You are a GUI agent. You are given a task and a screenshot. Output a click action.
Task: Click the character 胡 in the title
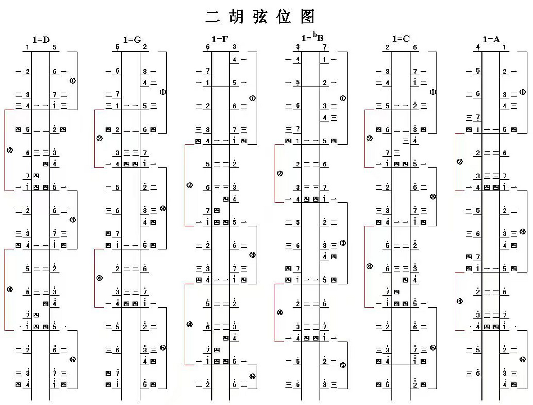pyautogui.click(x=237, y=17)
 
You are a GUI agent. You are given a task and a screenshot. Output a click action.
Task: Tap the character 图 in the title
pyautogui.click(x=307, y=17)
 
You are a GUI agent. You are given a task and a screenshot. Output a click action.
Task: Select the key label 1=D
pyautogui.click(x=41, y=40)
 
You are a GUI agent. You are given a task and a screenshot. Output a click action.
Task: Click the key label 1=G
pyautogui.click(x=132, y=40)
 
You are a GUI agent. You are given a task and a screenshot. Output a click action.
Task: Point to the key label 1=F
pyautogui.click(x=220, y=39)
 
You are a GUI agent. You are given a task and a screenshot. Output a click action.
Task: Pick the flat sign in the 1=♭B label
pyautogui.click(x=315, y=34)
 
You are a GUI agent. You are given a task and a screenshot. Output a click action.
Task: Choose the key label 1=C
pyautogui.click(x=401, y=39)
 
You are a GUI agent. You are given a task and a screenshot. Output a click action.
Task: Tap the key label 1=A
pyautogui.click(x=491, y=40)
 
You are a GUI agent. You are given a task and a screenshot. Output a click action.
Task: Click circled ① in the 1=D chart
pyautogui.click(x=72, y=81)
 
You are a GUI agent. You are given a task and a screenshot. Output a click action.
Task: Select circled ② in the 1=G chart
pyautogui.click(x=99, y=138)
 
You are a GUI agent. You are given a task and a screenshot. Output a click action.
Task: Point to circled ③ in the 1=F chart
pyautogui.click(x=253, y=255)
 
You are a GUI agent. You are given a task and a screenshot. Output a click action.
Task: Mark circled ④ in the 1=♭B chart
pyautogui.click(x=280, y=313)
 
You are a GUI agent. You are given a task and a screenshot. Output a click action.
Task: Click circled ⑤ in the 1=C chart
pyautogui.click(x=433, y=347)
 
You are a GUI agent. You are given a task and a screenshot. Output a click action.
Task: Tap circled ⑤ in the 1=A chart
pyautogui.click(x=523, y=359)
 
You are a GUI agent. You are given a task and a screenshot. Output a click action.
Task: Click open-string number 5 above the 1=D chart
pyautogui.click(x=54, y=47)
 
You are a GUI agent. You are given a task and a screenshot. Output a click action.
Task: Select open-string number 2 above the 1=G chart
pyautogui.click(x=145, y=47)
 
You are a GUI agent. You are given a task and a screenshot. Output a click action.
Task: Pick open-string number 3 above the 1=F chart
pyautogui.click(x=235, y=47)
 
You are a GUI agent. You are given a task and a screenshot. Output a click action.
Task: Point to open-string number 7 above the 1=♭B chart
pyautogui.click(x=325, y=47)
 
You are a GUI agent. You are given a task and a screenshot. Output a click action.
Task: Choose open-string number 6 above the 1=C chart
pyautogui.click(x=415, y=47)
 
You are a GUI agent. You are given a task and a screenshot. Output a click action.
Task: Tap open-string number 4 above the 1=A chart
pyautogui.click(x=478, y=47)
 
